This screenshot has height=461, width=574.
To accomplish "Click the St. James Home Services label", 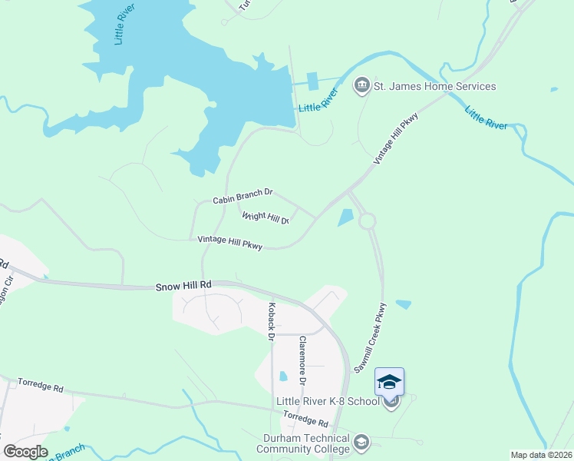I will click(x=434, y=86).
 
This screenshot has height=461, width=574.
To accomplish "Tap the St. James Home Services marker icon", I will click(x=361, y=85).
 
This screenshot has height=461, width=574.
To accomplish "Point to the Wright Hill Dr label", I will click(x=265, y=218).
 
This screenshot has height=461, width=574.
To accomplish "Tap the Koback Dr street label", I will click(x=271, y=320).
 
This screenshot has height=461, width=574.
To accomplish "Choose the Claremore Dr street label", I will click(x=302, y=361).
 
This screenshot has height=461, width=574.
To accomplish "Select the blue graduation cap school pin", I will click(x=389, y=382).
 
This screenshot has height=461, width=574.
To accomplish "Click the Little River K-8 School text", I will click(x=328, y=402).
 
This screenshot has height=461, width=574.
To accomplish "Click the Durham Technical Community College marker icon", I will click(x=361, y=442).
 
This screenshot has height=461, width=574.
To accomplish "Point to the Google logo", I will click(x=25, y=452).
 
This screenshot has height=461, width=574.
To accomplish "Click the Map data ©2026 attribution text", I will click(x=541, y=455).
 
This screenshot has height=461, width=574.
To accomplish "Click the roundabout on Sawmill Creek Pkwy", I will click(x=367, y=221).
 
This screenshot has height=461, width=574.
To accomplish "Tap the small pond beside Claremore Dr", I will click(x=284, y=376).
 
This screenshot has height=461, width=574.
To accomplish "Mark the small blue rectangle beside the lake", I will click(x=312, y=81).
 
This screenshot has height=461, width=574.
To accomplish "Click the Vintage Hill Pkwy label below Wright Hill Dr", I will click(x=230, y=243).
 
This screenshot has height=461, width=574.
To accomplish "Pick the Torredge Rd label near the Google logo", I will click(x=40, y=385).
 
